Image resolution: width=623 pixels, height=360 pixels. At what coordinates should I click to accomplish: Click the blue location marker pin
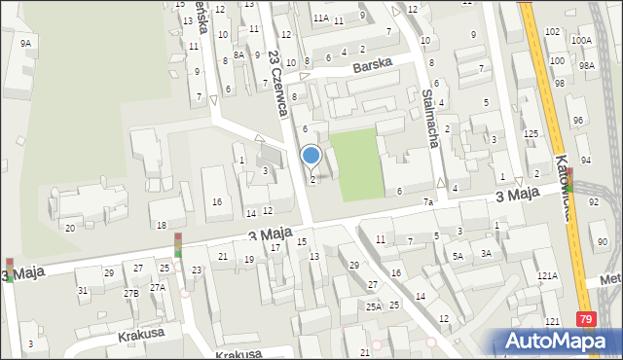point(311,155)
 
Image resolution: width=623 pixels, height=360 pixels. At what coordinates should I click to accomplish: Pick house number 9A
point(25,44)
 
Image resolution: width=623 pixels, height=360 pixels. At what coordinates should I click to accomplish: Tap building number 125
point(531,133)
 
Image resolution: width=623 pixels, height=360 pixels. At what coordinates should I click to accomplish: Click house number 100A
point(581,40)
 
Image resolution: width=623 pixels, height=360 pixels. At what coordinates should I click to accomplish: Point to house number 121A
point(548,276)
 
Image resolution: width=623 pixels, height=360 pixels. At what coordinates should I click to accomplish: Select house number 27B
point(130,293)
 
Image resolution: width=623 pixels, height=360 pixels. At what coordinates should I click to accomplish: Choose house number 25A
point(374,306)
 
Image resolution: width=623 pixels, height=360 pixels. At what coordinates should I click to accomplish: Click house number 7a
point(427,201)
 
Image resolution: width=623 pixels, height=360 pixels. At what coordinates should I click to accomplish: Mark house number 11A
point(320,18)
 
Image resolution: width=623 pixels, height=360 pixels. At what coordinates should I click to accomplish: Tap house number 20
point(69,228)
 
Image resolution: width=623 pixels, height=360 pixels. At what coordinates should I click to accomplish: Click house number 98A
point(586,65)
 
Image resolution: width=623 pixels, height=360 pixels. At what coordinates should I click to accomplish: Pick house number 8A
point(238,56)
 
